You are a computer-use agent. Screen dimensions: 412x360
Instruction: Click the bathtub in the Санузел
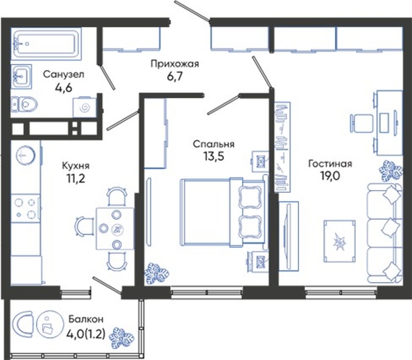46,44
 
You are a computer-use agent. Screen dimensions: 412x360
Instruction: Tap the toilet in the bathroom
24,104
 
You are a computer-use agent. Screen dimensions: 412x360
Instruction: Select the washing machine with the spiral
85,107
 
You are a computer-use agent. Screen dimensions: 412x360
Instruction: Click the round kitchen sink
26,155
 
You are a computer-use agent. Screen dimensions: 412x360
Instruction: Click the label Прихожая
175,64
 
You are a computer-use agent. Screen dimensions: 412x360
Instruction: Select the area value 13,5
214,156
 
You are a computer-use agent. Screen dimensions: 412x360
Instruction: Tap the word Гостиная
330,164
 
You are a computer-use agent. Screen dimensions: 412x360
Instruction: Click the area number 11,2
76,179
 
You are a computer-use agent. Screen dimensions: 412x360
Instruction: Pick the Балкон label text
86,319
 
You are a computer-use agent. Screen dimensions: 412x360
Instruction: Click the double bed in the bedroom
222,212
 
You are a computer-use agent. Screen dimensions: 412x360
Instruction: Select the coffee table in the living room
340,241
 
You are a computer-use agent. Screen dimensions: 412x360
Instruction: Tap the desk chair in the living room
361,123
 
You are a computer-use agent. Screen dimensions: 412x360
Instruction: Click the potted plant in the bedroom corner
157,273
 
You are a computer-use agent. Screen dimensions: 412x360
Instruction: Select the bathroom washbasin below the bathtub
22,76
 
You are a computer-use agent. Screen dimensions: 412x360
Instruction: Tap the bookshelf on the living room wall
282,147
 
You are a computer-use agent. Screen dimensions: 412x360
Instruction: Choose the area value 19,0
329,175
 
